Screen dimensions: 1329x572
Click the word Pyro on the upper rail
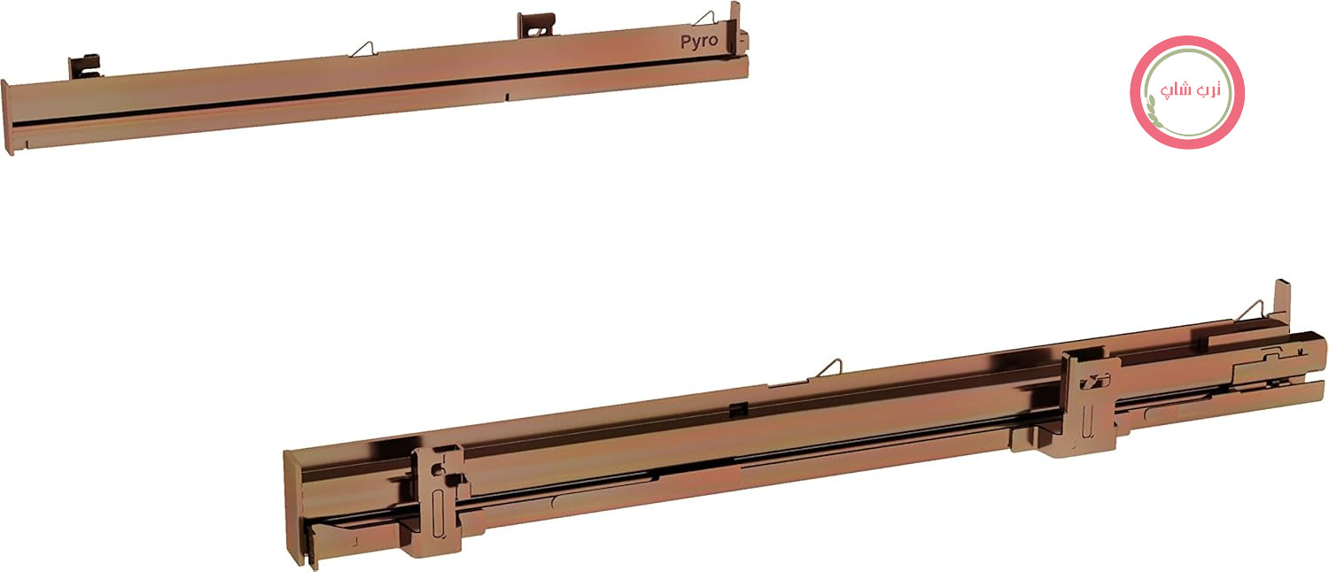699,42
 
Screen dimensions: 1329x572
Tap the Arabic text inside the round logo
1190,90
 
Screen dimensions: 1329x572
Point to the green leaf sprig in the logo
1153,111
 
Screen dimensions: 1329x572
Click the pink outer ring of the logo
1186,39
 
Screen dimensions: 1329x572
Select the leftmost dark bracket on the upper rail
84,66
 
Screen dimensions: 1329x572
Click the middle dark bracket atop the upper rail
536,25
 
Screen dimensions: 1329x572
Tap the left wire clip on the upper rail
362,50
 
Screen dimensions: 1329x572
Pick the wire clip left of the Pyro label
706,18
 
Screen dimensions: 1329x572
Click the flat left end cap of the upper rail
7,118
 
